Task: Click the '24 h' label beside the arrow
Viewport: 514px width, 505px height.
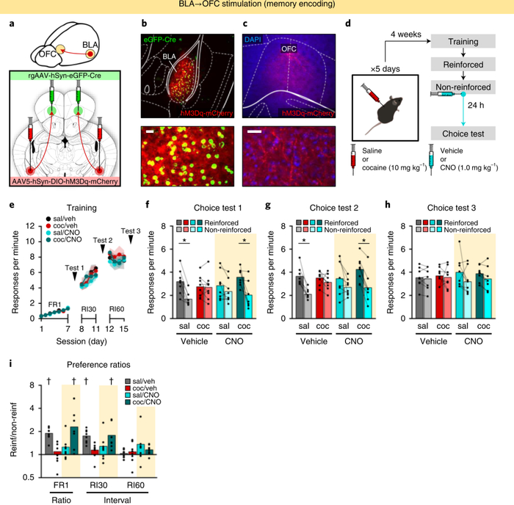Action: (488, 104)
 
